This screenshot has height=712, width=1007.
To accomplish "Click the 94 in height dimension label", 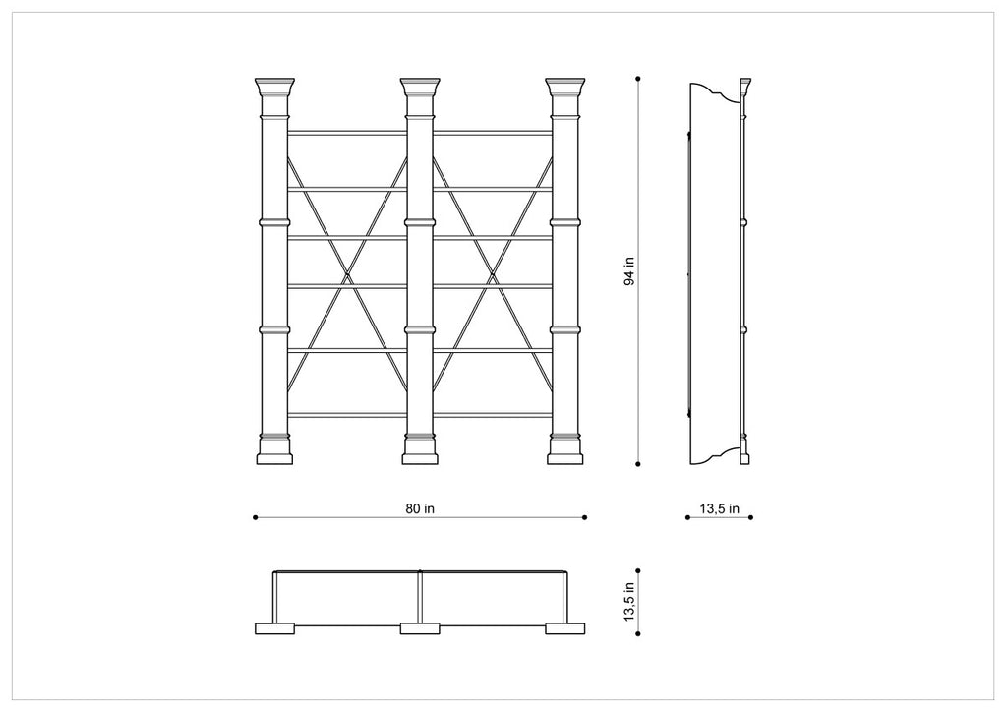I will coord(630,270).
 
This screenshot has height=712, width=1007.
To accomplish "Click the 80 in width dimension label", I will coord(420,508).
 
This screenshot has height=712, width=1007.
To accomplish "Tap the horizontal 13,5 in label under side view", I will coord(720,508).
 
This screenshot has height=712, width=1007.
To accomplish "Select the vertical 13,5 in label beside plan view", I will coord(630,600).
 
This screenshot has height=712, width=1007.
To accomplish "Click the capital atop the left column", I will coord(274,89).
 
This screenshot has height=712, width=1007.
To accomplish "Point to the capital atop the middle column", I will coord(420,89).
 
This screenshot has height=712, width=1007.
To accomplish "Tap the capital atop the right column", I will coord(565,89).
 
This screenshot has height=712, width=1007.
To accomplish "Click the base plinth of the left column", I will coord(274,456).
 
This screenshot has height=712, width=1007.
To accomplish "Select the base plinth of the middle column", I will coord(420,456).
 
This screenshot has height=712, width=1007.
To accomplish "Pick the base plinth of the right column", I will coord(565,456).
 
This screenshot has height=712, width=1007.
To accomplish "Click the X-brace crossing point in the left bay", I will coord(347,273).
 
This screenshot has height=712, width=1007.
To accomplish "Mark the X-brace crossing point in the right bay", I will coord(493,273).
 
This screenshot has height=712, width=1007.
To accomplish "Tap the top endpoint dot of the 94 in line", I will coord(638,77).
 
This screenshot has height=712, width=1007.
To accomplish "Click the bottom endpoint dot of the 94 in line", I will coord(638,463).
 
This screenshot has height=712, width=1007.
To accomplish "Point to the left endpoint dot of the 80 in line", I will coord(255,517).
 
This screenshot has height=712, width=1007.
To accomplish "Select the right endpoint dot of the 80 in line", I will coord(585,517).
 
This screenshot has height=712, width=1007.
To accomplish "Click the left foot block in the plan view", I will coord(274,628).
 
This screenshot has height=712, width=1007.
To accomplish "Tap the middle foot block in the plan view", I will coord(420,628).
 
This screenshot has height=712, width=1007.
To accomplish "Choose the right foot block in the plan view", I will coord(565,628).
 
